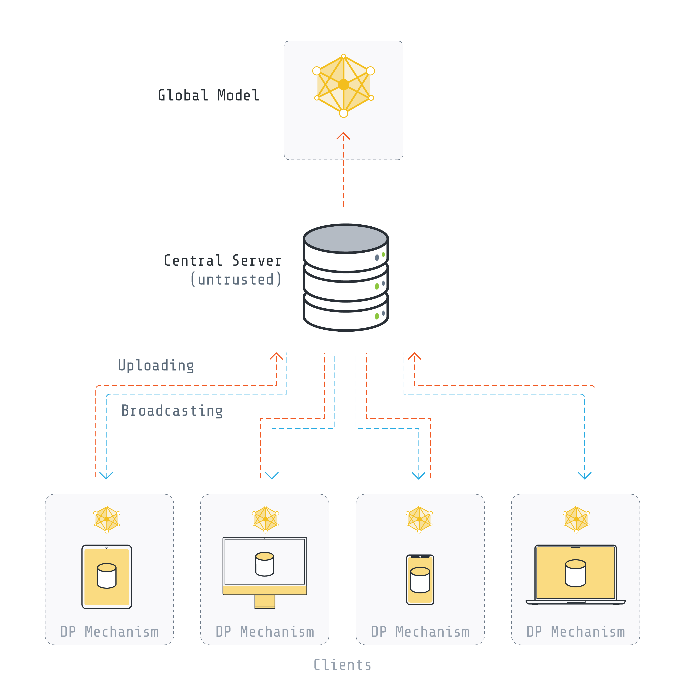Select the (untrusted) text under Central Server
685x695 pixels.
236,279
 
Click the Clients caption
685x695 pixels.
342,665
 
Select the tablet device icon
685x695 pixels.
107,577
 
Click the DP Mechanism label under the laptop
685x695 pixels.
576,632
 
